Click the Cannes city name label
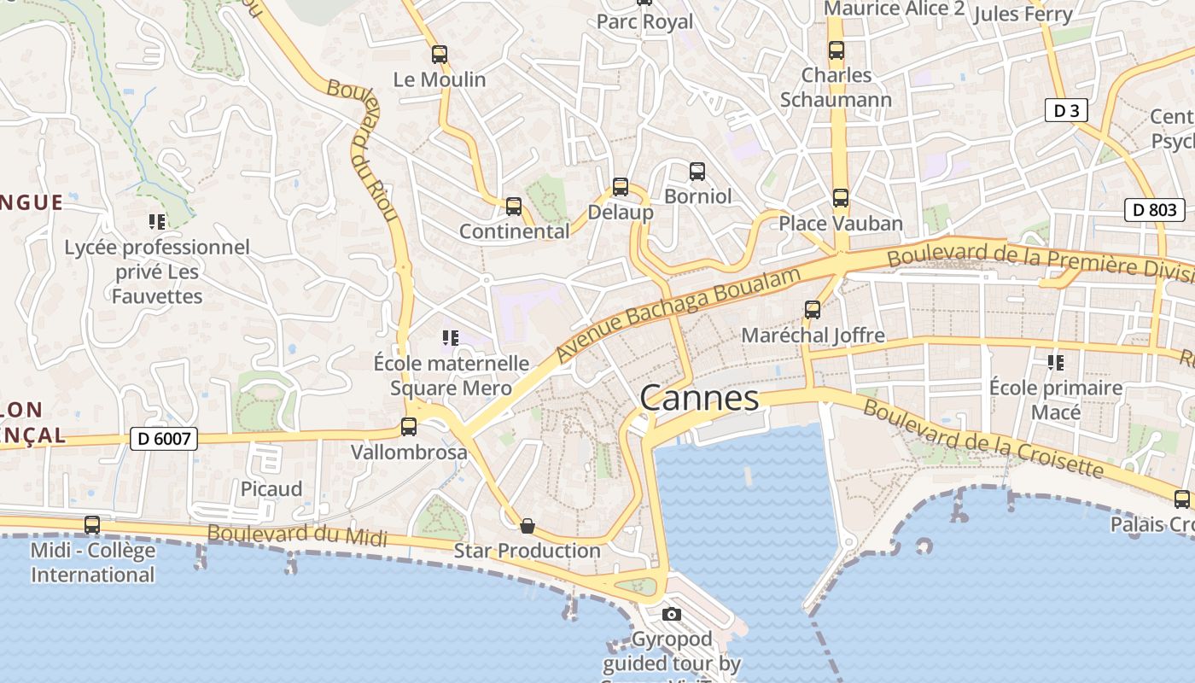[698, 398]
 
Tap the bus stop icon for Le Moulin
[440, 55]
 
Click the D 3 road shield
[1066, 110]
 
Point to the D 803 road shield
[1154, 209]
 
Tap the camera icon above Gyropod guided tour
[672, 614]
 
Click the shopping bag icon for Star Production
[528, 526]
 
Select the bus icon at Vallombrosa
[409, 427]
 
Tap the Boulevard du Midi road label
[297, 534]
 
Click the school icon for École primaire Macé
[1056, 363]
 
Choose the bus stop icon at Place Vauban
[841, 199]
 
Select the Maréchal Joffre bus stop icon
[813, 310]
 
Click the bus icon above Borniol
[697, 172]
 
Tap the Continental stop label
[514, 231]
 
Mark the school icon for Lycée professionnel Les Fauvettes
[157, 222]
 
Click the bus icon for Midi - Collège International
[92, 525]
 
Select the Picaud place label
[271, 489]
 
